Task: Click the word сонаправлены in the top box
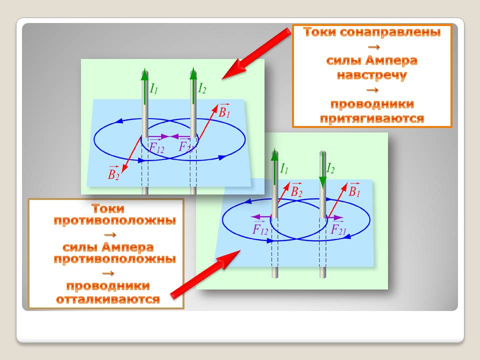coord(390,32)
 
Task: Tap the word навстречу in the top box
coord(371,75)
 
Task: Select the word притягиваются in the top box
coord(372,118)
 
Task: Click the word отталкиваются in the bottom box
coord(108,299)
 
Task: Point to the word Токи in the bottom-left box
coord(108,209)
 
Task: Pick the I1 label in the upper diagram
coord(153,88)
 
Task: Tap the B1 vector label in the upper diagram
coord(224,111)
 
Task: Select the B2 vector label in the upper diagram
coord(113,173)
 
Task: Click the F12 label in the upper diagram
coord(156,147)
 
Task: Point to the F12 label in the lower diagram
coord(260,229)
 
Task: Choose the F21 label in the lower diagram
coord(338,229)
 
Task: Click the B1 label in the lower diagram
coord(354,190)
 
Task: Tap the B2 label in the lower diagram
coord(296,190)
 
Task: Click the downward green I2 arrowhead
coord(322,183)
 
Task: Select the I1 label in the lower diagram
coord(284,168)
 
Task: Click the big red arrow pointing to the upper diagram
coord(256,53)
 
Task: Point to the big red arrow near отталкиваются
coord(205,274)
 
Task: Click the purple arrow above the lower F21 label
coord(335,217)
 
